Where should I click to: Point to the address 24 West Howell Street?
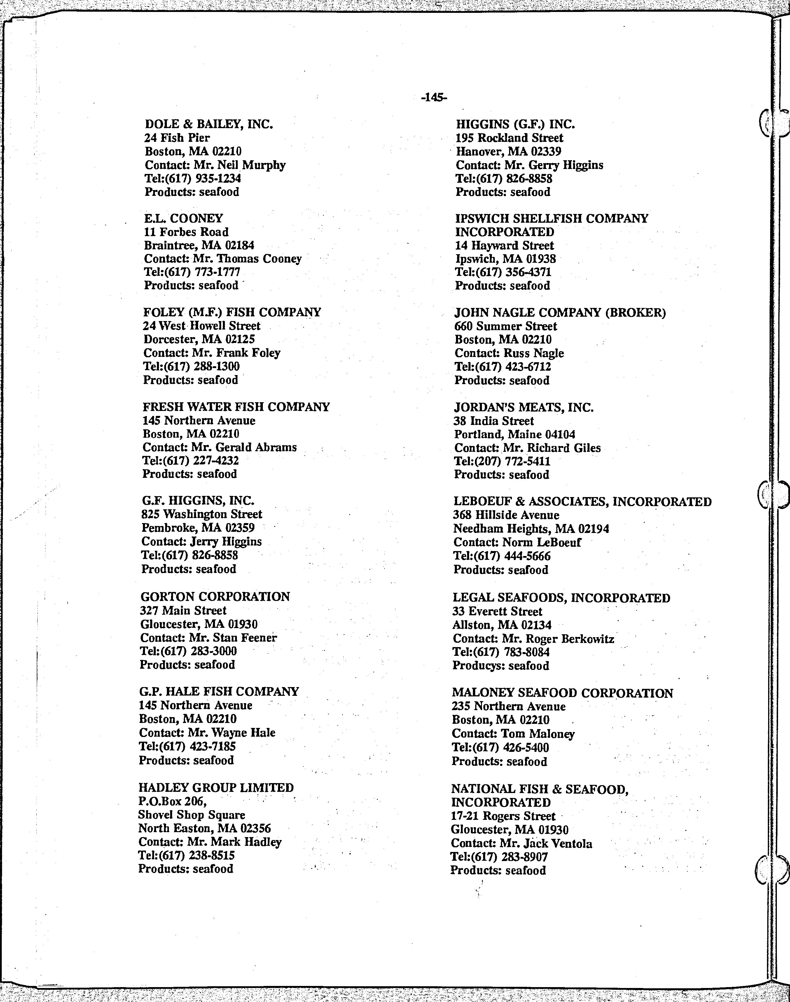point(202,326)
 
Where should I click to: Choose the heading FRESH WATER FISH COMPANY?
point(236,407)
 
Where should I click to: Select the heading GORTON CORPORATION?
point(215,597)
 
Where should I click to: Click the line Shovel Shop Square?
point(191,815)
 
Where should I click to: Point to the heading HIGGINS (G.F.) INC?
point(515,124)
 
